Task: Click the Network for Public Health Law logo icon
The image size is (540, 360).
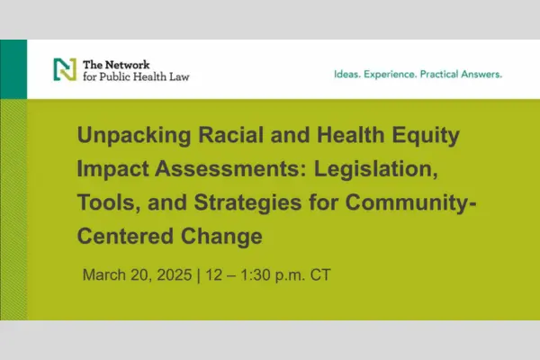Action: coord(65,69)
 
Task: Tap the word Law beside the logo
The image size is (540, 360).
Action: coord(179,76)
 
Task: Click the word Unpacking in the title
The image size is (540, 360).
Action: coord(134,135)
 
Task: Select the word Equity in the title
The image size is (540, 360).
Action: coord(426,135)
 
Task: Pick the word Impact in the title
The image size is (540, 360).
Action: coord(112,169)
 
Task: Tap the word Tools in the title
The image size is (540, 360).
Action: coord(109,202)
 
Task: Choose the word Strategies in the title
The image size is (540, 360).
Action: coord(248,203)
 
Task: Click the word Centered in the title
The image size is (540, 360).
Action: coord(125,237)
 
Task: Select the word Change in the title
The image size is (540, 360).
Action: coord(221,237)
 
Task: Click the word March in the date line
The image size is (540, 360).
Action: coord(104,274)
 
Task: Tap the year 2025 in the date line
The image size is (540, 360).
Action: coord(175,274)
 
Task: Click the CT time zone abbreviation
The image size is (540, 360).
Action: coord(320,274)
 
